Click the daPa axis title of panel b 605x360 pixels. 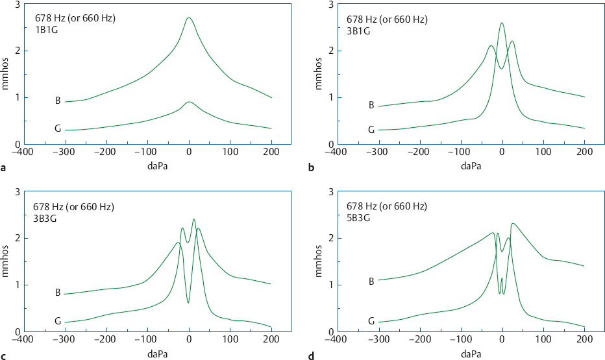pyautogui.click(x=471, y=166)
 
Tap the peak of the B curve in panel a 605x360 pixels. pyautogui.click(x=188, y=18)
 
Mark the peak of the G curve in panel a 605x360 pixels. pyautogui.click(x=189, y=102)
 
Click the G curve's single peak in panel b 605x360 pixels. pyautogui.click(x=502, y=23)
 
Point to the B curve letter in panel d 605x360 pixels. pyautogui.click(x=371, y=282)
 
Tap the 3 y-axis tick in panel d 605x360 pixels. pyautogui.click(x=330, y=192)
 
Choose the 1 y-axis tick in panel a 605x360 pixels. pyautogui.click(x=18, y=98)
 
